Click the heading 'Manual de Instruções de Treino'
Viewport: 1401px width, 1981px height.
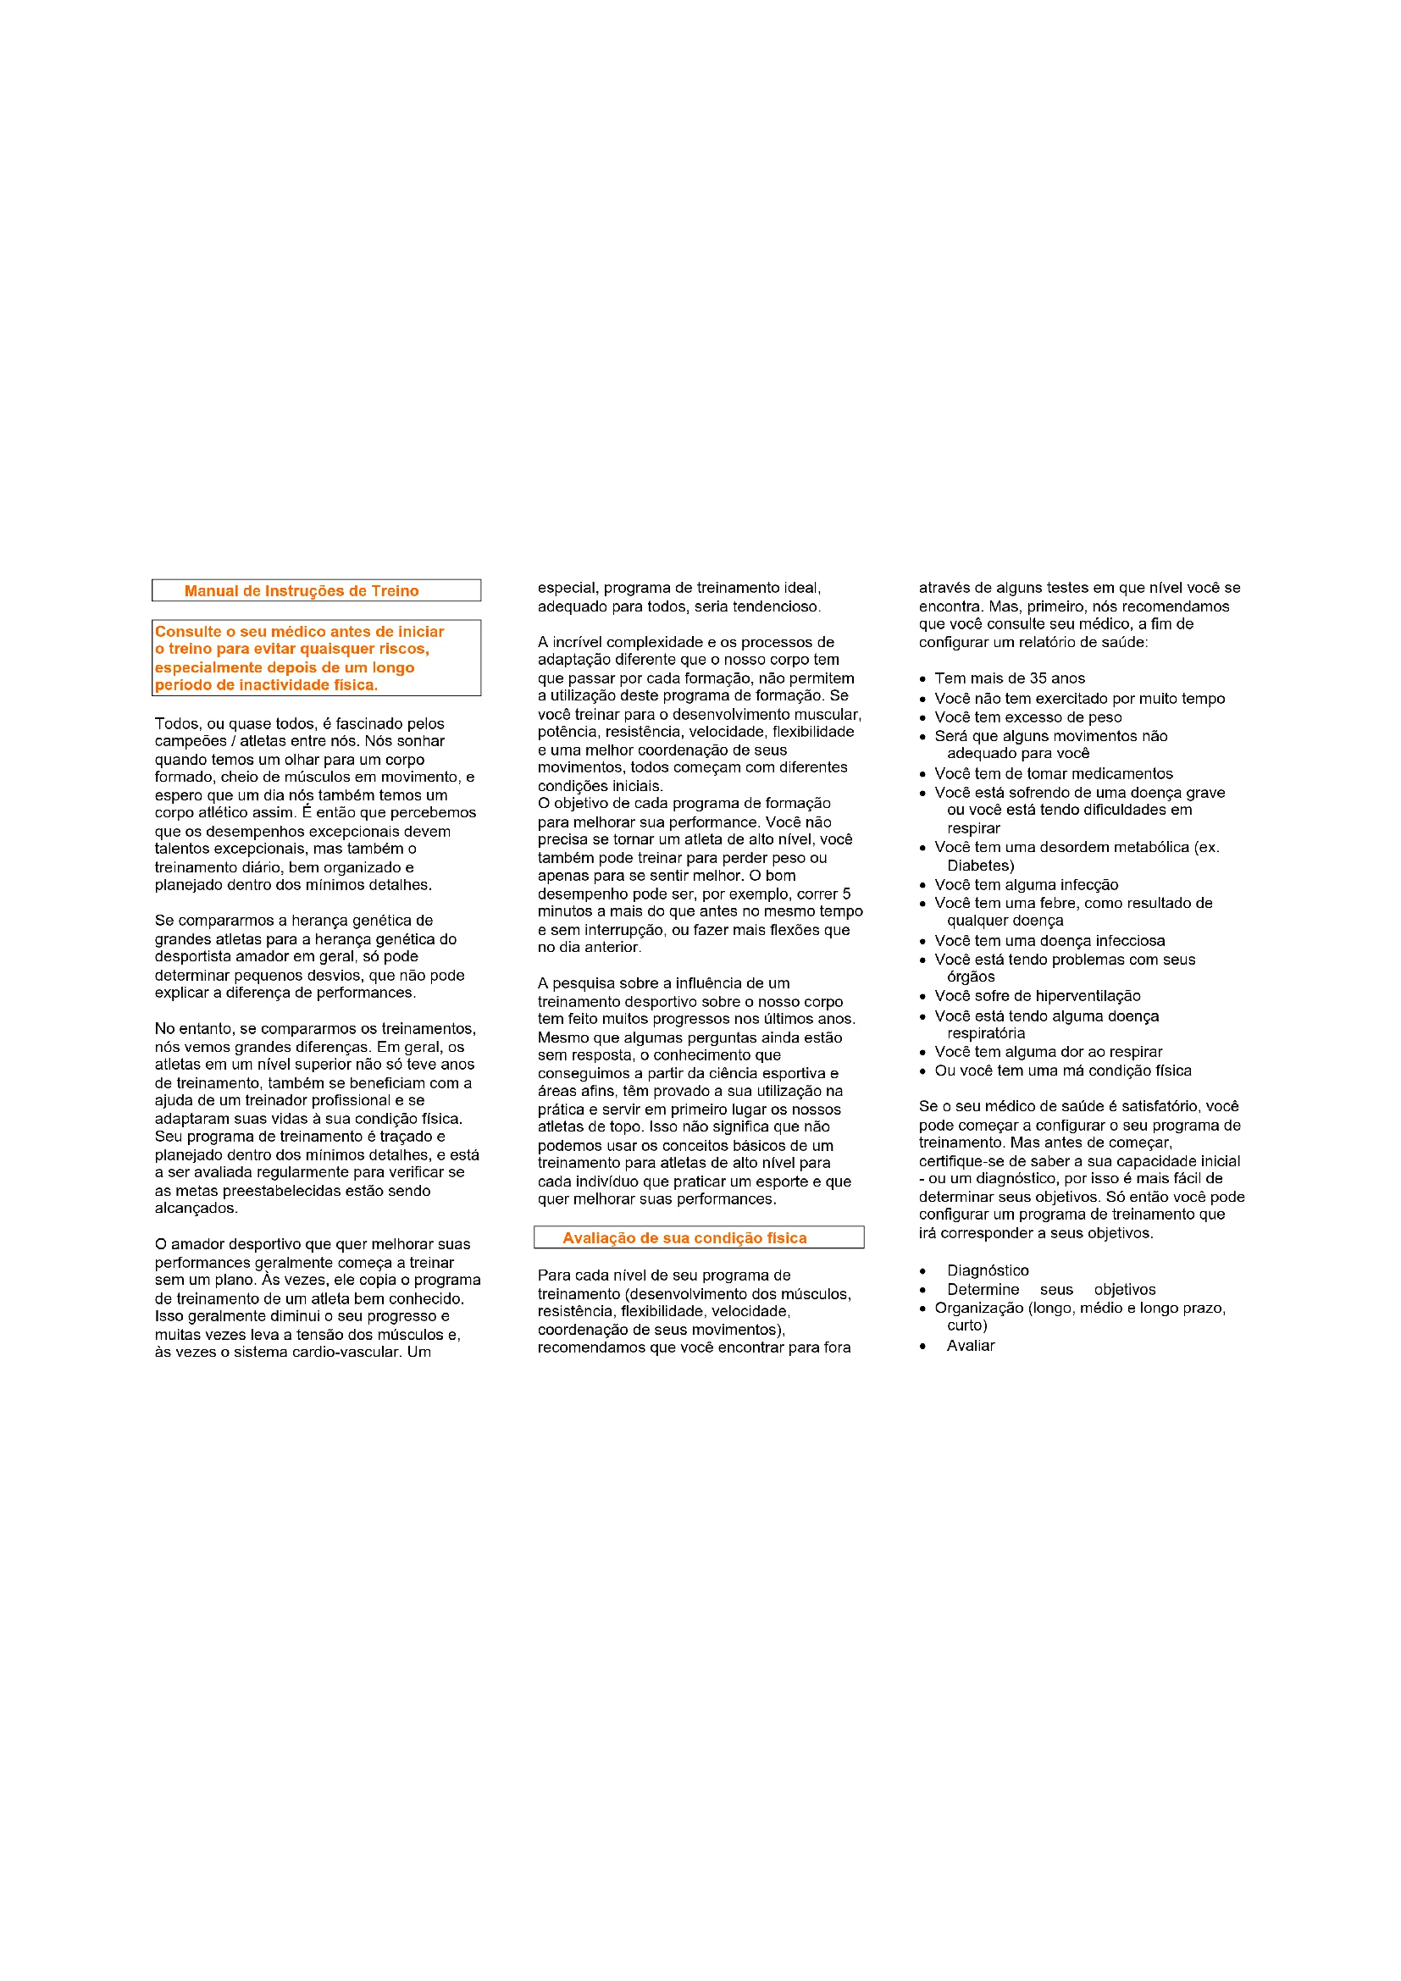301,591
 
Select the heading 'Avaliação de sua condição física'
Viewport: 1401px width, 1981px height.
684,1238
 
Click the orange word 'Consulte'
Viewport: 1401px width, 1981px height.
187,632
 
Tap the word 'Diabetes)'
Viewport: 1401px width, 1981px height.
980,866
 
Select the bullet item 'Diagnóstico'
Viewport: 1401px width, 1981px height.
987,1270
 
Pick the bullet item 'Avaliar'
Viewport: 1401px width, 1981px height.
971,1345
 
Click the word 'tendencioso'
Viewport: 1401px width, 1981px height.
776,606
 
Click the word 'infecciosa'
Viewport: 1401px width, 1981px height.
1128,940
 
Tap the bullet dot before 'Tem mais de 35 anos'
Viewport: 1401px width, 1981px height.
923,679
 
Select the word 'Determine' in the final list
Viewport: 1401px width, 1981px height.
983,1289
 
